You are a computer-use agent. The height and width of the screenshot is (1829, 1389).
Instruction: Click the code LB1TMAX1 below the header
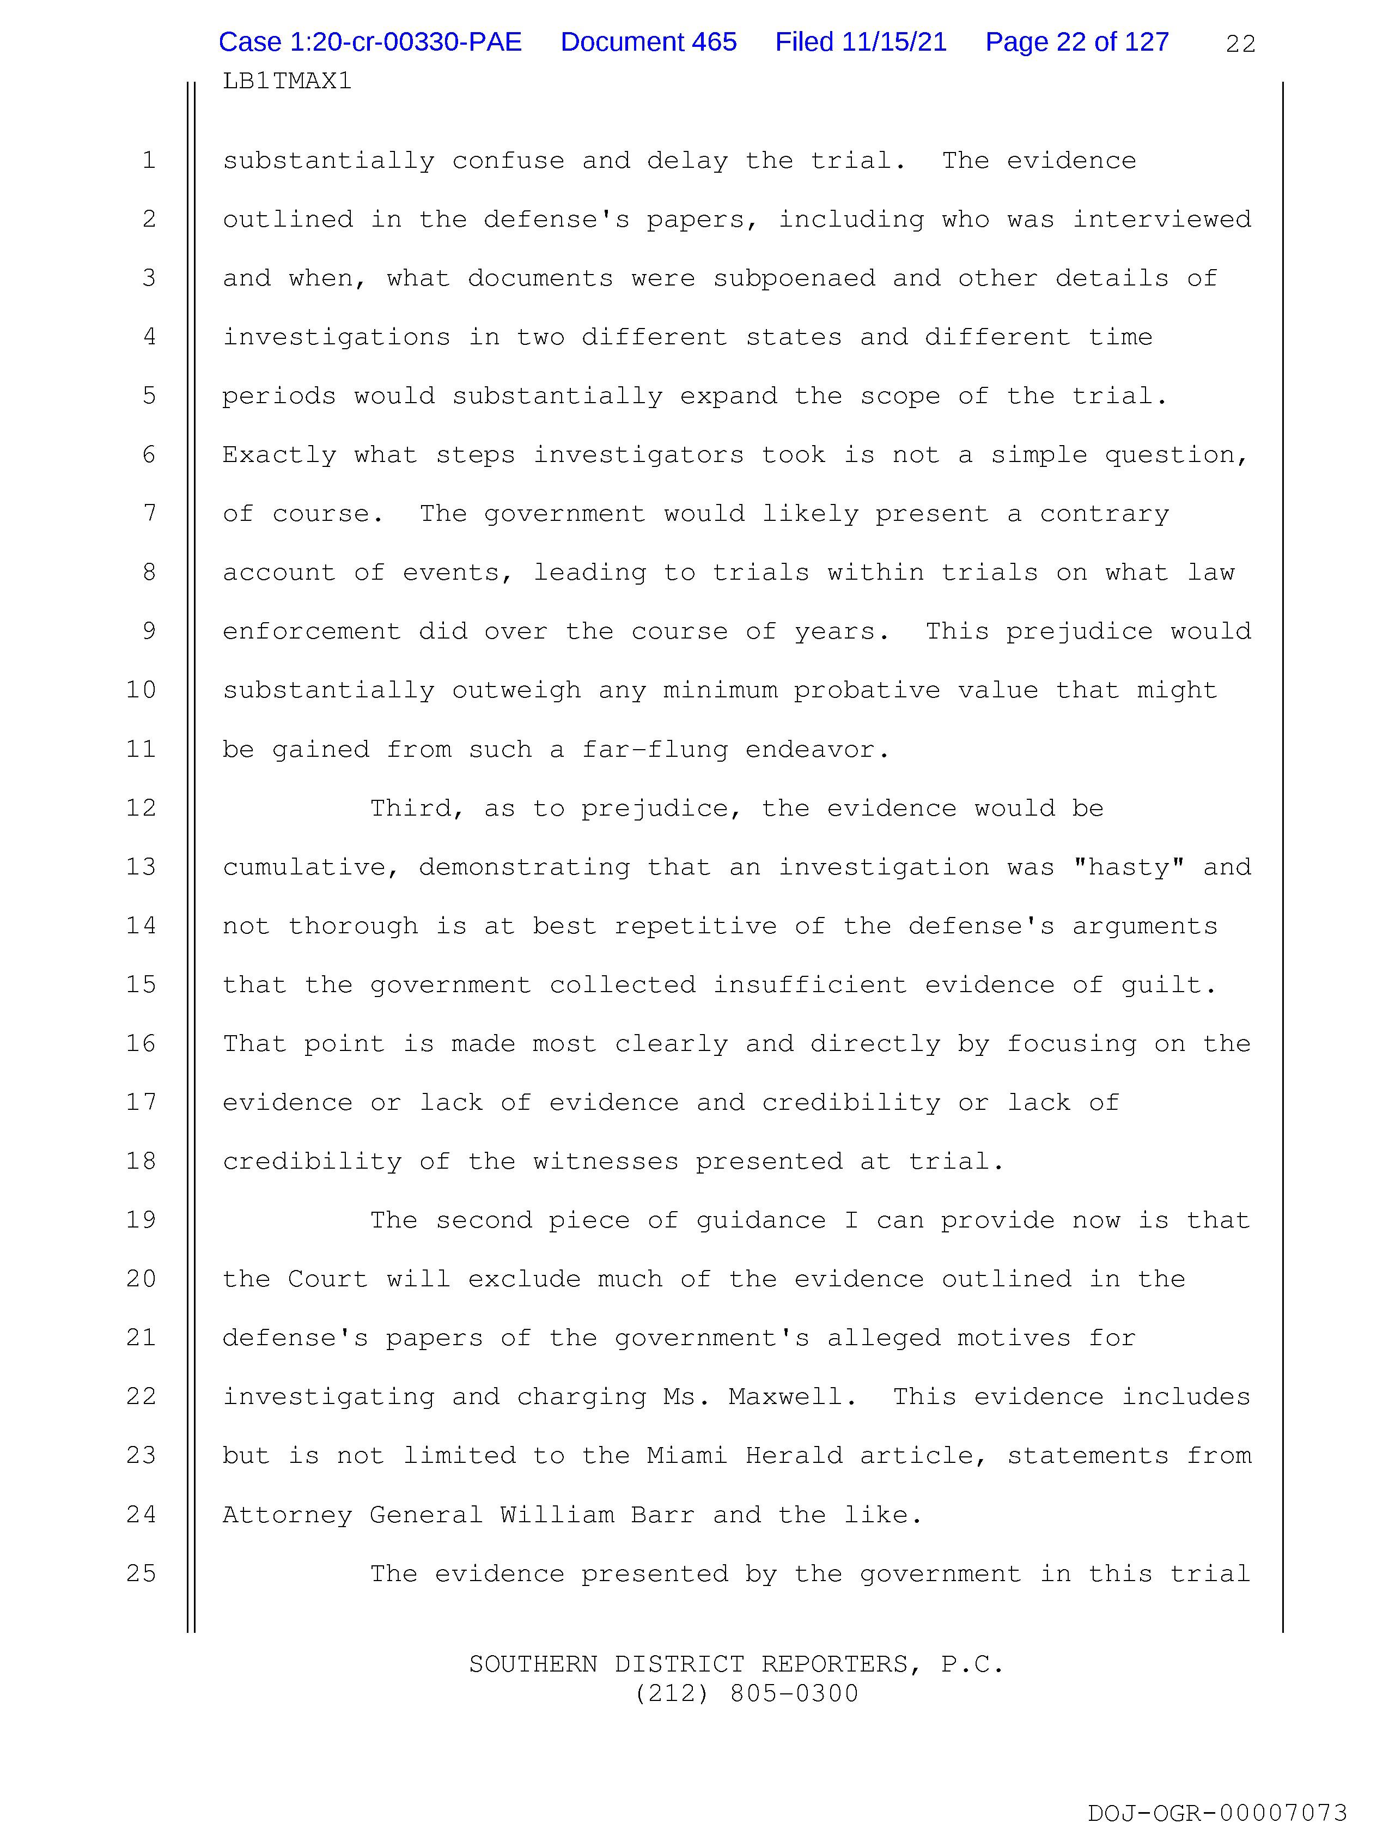point(287,81)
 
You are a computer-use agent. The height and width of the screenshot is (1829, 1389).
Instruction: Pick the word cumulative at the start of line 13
point(311,867)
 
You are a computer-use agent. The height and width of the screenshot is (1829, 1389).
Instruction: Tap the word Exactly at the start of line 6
point(279,455)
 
